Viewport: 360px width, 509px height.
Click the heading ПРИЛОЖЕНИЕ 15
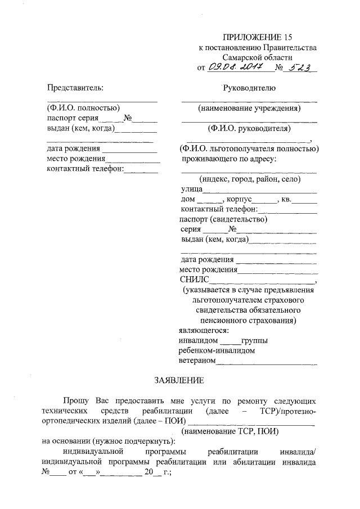[256, 38]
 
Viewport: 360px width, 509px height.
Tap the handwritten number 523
[301, 68]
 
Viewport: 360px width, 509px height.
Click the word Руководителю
[249, 87]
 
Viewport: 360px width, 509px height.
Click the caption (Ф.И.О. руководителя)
[249, 129]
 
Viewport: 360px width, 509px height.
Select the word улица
[191, 190]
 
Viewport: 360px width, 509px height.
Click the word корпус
[238, 200]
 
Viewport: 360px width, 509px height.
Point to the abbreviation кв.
[286, 200]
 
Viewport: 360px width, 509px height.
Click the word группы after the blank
[254, 340]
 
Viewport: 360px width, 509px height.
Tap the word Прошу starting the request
[75, 401]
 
